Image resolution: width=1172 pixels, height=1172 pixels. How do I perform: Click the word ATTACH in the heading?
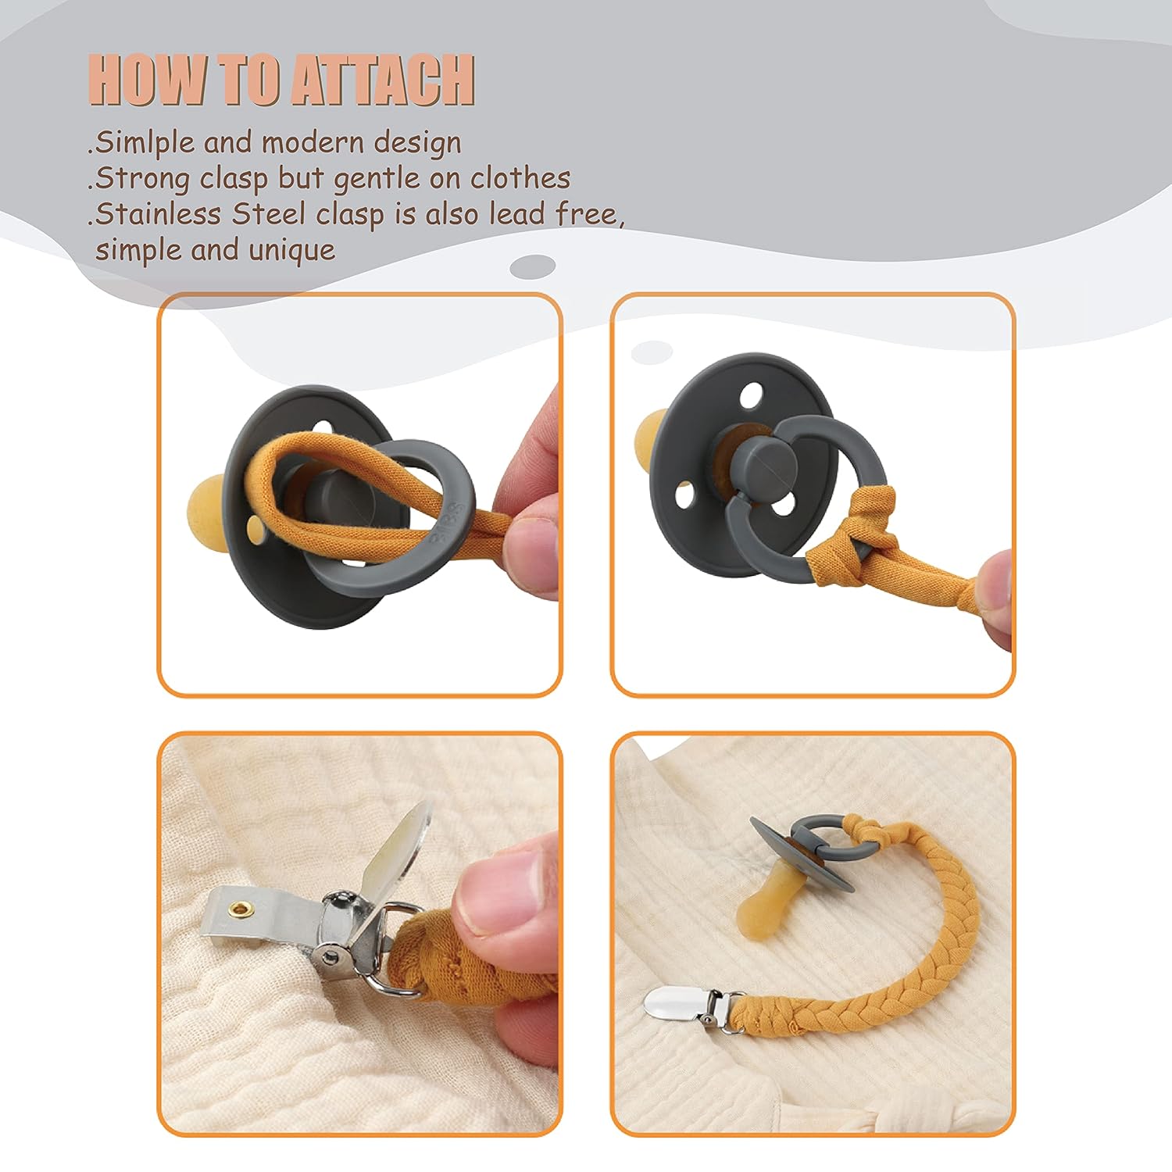[383, 80]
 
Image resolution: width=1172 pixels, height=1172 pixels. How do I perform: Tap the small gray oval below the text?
[533, 266]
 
